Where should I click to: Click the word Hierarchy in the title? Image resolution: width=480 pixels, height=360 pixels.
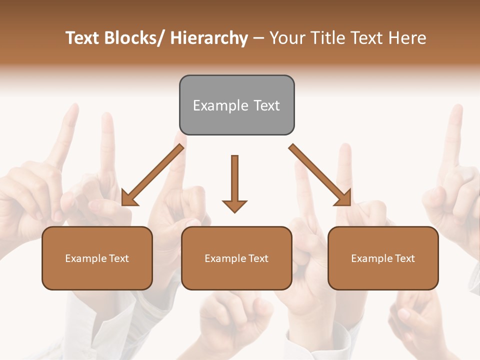click(209, 38)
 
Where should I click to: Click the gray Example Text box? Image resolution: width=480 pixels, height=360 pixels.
click(236, 105)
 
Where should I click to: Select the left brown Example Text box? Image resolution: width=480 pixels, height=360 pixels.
click(97, 258)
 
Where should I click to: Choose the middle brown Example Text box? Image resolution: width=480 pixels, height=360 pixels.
click(236, 258)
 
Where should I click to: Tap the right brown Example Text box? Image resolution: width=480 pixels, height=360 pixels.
click(383, 258)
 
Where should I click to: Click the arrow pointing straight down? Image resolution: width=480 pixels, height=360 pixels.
click(234, 183)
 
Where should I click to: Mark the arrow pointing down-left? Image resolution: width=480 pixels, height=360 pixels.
click(153, 175)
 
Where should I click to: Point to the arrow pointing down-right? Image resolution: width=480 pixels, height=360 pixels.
click(320, 175)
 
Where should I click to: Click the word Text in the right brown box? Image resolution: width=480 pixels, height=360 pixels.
click(404, 258)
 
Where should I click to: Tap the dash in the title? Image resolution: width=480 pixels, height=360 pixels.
click(258, 39)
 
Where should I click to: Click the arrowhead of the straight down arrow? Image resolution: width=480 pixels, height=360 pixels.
click(234, 206)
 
